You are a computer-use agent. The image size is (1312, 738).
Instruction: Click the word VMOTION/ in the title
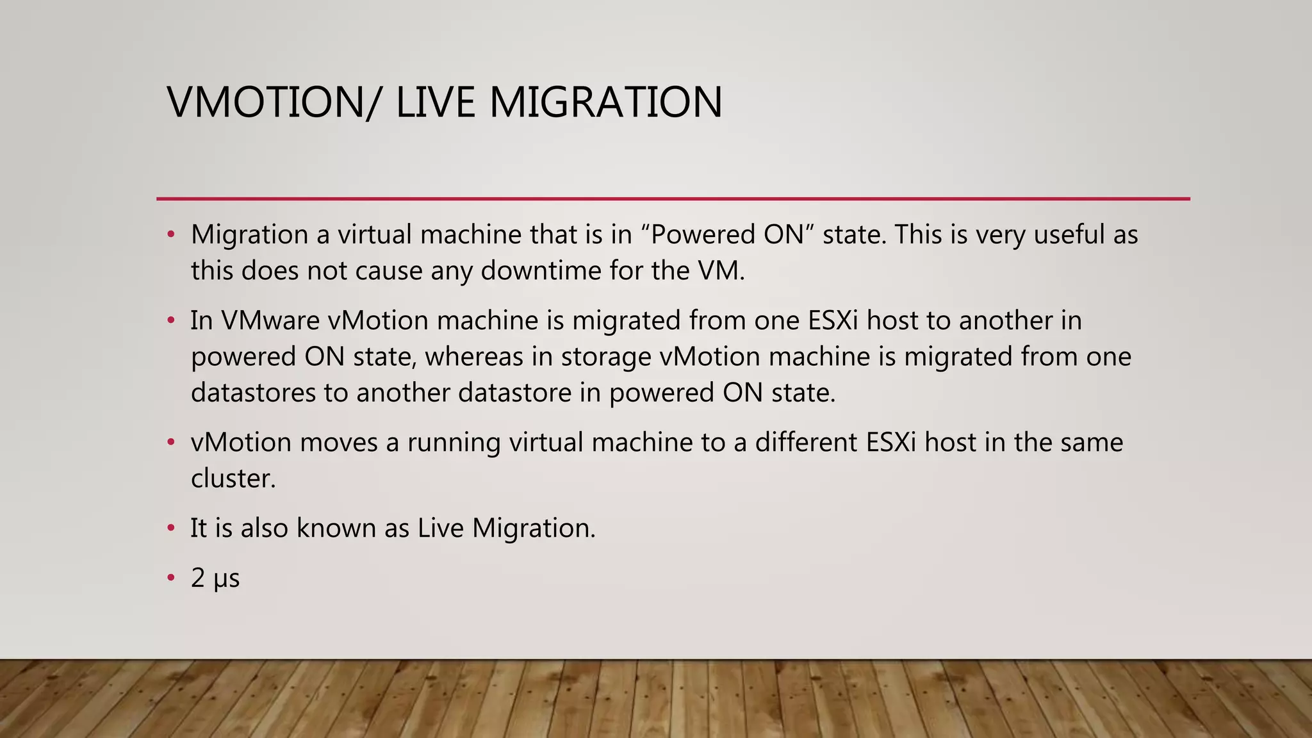click(272, 102)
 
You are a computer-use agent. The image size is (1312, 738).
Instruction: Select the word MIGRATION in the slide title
click(605, 102)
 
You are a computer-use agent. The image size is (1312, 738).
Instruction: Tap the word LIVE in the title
click(435, 102)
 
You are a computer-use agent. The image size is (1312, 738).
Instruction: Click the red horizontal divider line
click(673, 199)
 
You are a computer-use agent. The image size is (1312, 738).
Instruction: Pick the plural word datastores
click(253, 392)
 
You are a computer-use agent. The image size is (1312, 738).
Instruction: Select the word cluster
click(233, 478)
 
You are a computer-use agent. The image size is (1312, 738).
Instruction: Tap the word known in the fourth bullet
click(336, 528)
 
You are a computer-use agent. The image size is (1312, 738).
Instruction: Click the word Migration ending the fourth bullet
click(534, 529)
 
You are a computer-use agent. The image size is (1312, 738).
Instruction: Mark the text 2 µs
click(215, 578)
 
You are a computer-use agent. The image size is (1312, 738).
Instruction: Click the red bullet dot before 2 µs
click(170, 578)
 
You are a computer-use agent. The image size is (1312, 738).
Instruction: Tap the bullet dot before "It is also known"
click(170, 528)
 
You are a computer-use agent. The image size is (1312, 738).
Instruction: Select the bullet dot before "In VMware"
click(170, 320)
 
